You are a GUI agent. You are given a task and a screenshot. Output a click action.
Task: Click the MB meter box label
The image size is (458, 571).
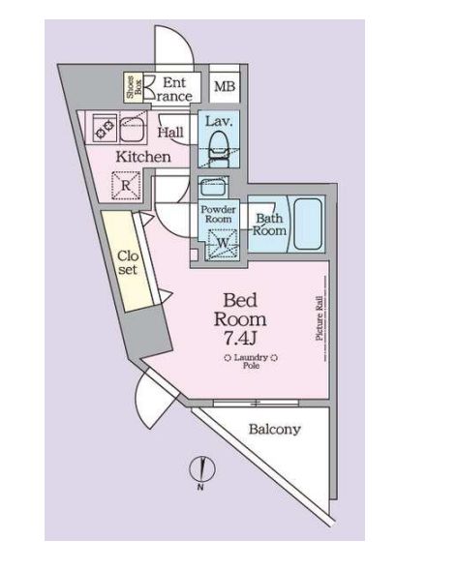(225, 87)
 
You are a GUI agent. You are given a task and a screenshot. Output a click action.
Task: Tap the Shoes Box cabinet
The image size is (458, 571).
(134, 87)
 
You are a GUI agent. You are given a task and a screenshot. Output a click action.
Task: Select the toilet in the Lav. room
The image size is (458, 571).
(218, 149)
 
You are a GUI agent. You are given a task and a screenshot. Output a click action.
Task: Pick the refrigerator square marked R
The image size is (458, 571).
(126, 186)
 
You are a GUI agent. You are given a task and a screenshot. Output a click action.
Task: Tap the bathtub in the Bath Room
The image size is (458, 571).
(308, 224)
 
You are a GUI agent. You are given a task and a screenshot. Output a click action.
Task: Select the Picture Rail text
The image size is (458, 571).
(320, 318)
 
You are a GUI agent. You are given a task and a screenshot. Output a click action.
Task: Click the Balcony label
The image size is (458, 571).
(275, 430)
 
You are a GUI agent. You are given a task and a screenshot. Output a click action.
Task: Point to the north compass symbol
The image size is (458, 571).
(202, 470)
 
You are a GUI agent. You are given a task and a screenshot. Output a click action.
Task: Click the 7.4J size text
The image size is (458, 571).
(240, 339)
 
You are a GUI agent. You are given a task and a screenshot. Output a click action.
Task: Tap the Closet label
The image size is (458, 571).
(128, 262)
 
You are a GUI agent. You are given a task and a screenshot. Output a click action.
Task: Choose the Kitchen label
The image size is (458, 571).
(143, 157)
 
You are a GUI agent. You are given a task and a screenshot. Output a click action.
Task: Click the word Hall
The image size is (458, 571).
(170, 132)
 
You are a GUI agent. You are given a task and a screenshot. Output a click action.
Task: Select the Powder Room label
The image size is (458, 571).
(218, 214)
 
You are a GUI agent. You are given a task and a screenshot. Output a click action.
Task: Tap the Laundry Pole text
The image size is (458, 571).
(251, 361)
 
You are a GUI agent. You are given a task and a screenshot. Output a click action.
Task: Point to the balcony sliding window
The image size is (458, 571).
(256, 404)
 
